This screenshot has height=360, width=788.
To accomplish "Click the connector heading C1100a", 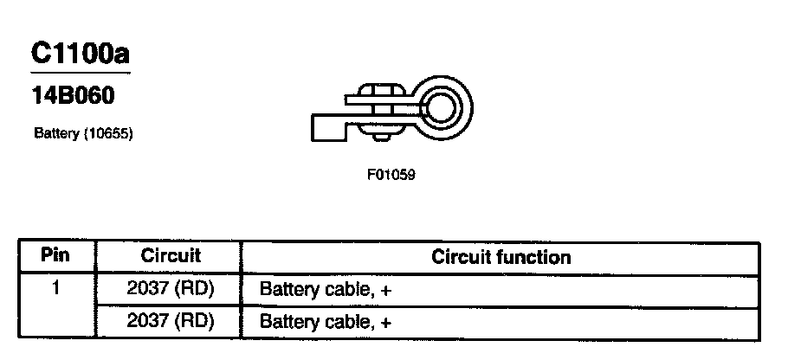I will click(x=81, y=55).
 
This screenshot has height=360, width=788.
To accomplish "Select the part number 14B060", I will click(x=73, y=97).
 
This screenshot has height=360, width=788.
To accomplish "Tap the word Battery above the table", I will click(x=53, y=135).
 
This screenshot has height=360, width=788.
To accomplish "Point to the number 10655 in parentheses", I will click(x=111, y=135).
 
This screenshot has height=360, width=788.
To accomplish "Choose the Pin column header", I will click(x=55, y=256).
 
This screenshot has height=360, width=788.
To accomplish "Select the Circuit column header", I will click(x=170, y=256).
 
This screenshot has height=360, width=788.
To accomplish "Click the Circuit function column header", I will click(x=501, y=257).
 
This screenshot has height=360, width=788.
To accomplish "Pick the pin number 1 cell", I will click(x=55, y=287).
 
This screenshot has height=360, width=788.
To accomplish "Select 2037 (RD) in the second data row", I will click(x=170, y=321).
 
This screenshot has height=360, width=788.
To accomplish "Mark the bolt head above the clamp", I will click(x=378, y=88).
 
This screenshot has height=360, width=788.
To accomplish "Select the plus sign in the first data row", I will click(x=386, y=291).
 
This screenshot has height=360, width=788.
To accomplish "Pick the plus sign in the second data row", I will click(x=386, y=323).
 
